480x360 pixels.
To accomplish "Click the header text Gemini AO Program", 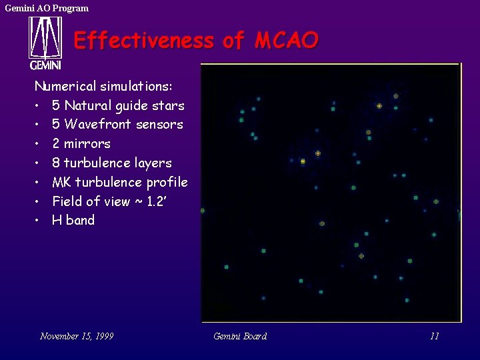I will (x=47, y=8).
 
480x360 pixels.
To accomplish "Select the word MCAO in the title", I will (x=287, y=41).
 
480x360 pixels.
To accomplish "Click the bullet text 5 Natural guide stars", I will (x=118, y=105).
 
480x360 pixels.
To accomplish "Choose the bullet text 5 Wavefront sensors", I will (x=117, y=125).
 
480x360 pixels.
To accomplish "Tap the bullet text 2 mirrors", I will (x=81, y=143).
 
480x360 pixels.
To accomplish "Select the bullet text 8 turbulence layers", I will (x=112, y=163).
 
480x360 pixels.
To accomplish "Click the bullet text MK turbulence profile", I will (x=120, y=182).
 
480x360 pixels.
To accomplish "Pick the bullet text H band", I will (x=73, y=220).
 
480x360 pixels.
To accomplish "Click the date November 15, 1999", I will (x=77, y=336).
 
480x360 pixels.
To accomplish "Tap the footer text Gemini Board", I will (x=240, y=336).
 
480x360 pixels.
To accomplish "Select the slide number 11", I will (x=434, y=336).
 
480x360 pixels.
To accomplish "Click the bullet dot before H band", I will (x=39, y=221).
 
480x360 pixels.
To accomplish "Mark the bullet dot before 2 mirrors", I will (x=39, y=144).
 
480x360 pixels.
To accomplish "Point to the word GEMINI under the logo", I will (x=45, y=65).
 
